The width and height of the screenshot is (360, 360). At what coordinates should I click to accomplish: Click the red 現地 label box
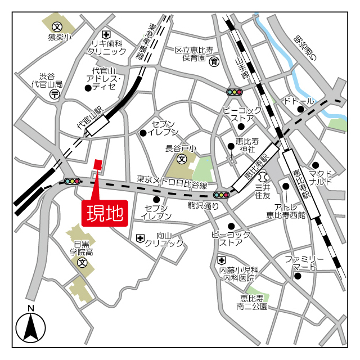pyautogui.click(x=105, y=213)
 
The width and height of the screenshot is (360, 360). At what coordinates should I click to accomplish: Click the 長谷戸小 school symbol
pyautogui.click(x=182, y=160)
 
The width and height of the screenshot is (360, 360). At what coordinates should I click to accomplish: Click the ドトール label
pyautogui.click(x=299, y=101)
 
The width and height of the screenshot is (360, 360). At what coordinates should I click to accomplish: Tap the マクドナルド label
pyautogui.click(x=321, y=178)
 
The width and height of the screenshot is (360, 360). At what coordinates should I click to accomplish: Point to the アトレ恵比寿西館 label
pyautogui.click(x=285, y=210)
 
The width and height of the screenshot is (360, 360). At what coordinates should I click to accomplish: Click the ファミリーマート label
pyautogui.click(x=304, y=263)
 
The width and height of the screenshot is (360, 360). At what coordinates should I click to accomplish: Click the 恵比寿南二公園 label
pyautogui.click(x=251, y=303)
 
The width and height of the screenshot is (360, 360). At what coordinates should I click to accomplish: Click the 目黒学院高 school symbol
pyautogui.click(x=83, y=263)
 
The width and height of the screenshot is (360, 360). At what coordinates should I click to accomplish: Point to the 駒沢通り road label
pyautogui.click(x=203, y=206)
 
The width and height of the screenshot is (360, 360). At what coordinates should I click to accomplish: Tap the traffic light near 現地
pyautogui.click(x=71, y=181)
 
